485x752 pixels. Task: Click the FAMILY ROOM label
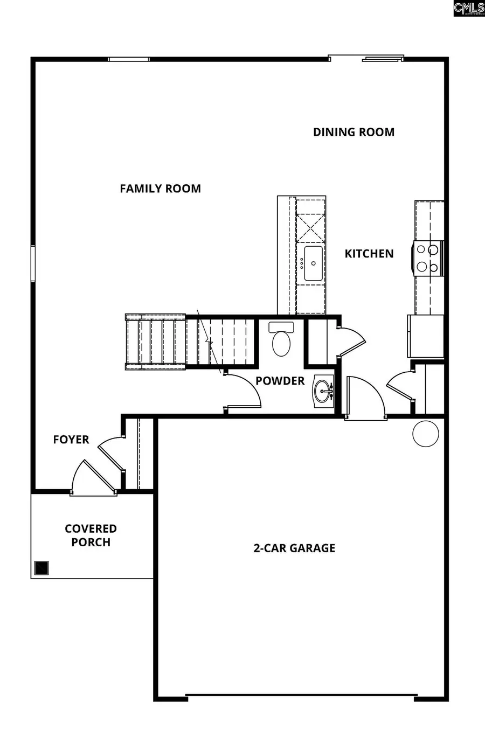tap(160, 189)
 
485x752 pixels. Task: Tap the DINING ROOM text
tap(354, 132)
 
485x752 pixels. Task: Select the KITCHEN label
tap(369, 254)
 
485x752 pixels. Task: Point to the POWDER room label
tap(280, 381)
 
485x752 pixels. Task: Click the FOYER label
tap(71, 440)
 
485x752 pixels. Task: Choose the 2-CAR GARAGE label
tap(294, 548)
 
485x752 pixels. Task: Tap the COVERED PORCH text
tap(91, 535)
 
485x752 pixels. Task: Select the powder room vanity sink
tap(323, 391)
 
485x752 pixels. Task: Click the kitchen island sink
tap(313, 263)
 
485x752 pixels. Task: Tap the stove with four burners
tap(427, 258)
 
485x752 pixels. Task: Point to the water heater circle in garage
tap(426, 434)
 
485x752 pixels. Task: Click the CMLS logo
tap(468, 8)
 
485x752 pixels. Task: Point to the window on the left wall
tap(33, 263)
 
